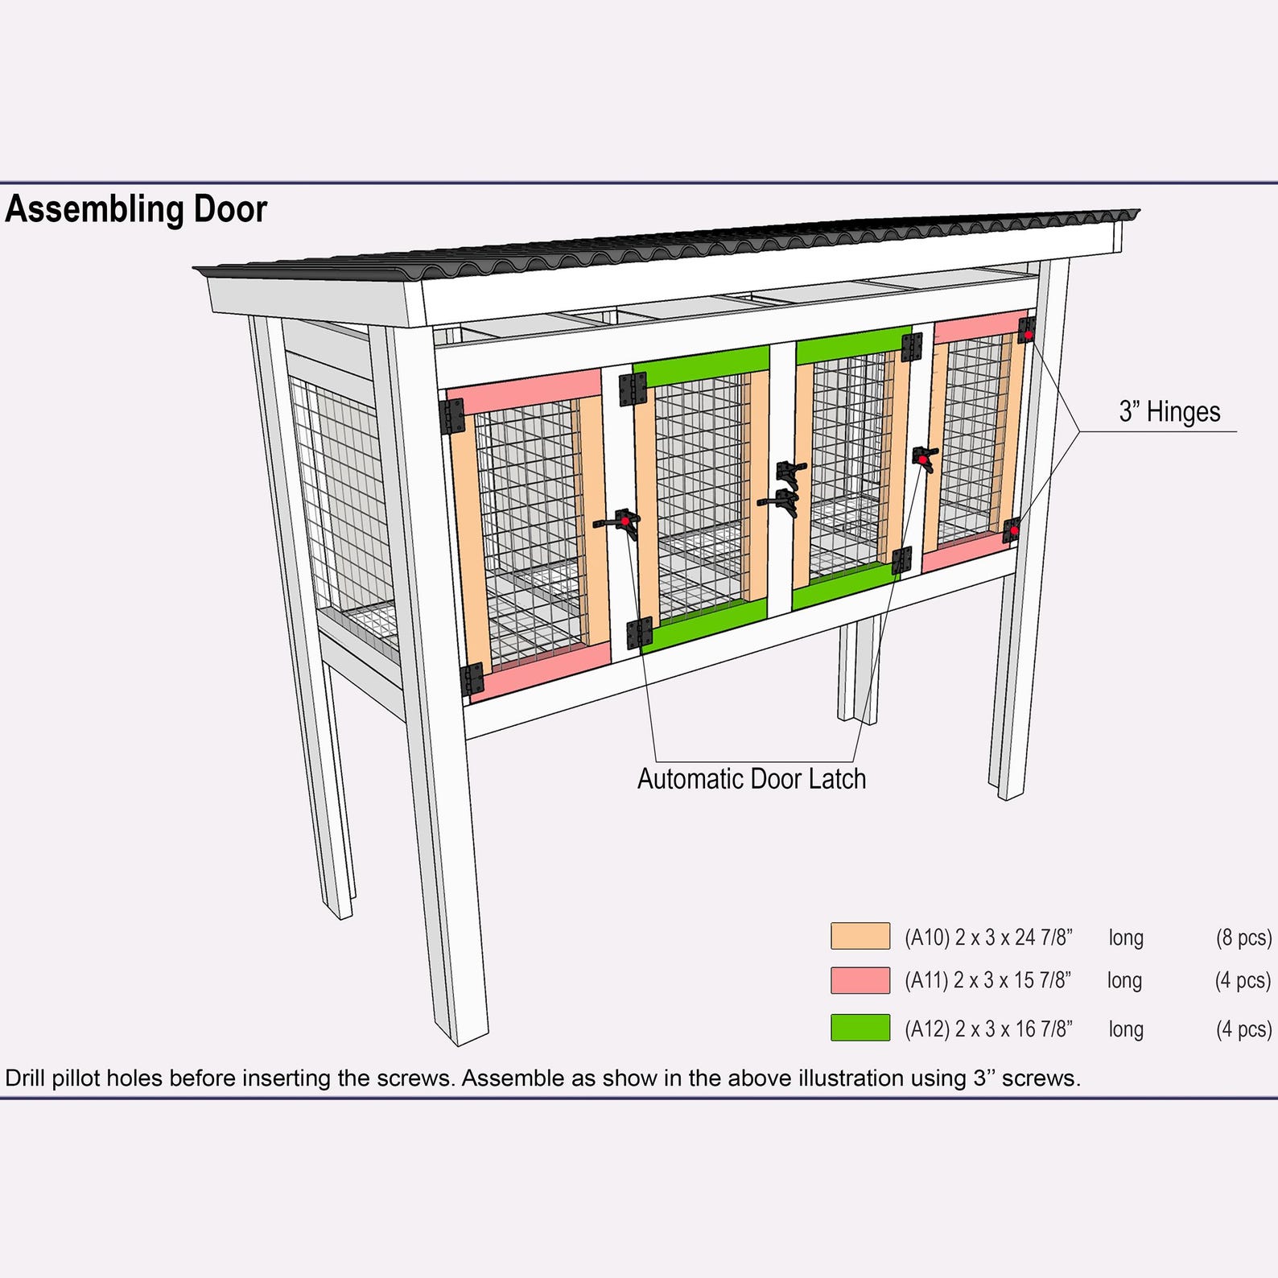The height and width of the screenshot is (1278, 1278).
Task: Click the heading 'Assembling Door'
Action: coord(136,209)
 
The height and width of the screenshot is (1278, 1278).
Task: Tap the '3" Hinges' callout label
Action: coord(1169,412)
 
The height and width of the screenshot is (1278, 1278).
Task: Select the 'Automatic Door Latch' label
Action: coord(751,779)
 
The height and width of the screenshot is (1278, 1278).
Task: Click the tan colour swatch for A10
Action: coord(860,936)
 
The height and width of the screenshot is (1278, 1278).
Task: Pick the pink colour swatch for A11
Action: coord(860,980)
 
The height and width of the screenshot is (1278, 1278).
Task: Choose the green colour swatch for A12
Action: coord(860,1028)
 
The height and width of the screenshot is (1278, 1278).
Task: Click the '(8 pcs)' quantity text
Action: coord(1243,938)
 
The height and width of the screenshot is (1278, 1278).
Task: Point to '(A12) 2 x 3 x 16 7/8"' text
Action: coord(987,1029)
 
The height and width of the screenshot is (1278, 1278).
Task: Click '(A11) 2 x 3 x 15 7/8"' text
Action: coord(987,980)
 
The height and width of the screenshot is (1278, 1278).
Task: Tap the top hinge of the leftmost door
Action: coord(452,416)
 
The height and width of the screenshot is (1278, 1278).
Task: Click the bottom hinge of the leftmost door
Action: coord(472,679)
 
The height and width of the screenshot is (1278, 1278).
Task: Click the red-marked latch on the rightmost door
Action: coord(925,459)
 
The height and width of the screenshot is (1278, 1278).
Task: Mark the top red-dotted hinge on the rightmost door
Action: coord(1027,330)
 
